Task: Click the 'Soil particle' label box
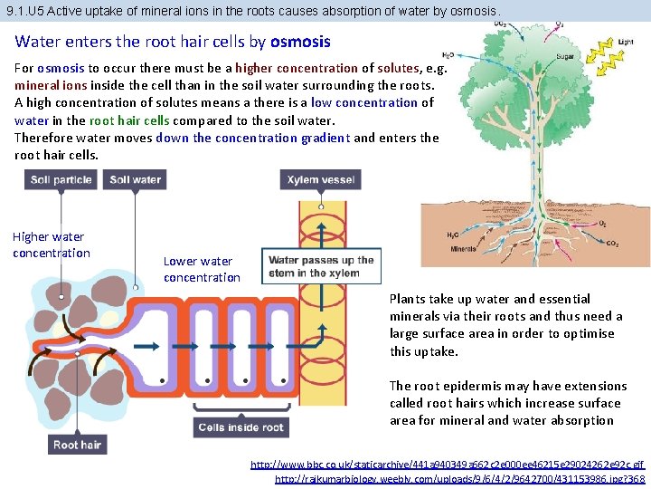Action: click(61, 180)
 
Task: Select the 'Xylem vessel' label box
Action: click(321, 180)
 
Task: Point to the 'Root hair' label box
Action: click(78, 444)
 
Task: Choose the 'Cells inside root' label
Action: click(241, 427)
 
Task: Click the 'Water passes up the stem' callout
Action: click(321, 266)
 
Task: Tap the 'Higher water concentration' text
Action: click(51, 244)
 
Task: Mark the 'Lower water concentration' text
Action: click(202, 269)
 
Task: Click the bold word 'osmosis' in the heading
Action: click(300, 42)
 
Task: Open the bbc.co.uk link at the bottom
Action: click(448, 464)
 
